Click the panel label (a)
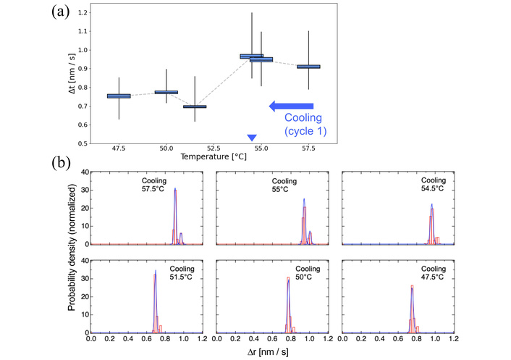[62, 12]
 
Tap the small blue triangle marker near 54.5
[252, 138]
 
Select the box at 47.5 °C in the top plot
[119, 96]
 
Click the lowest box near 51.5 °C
[195, 106]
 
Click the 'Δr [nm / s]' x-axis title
[271, 351]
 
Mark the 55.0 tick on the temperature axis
[261, 148]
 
